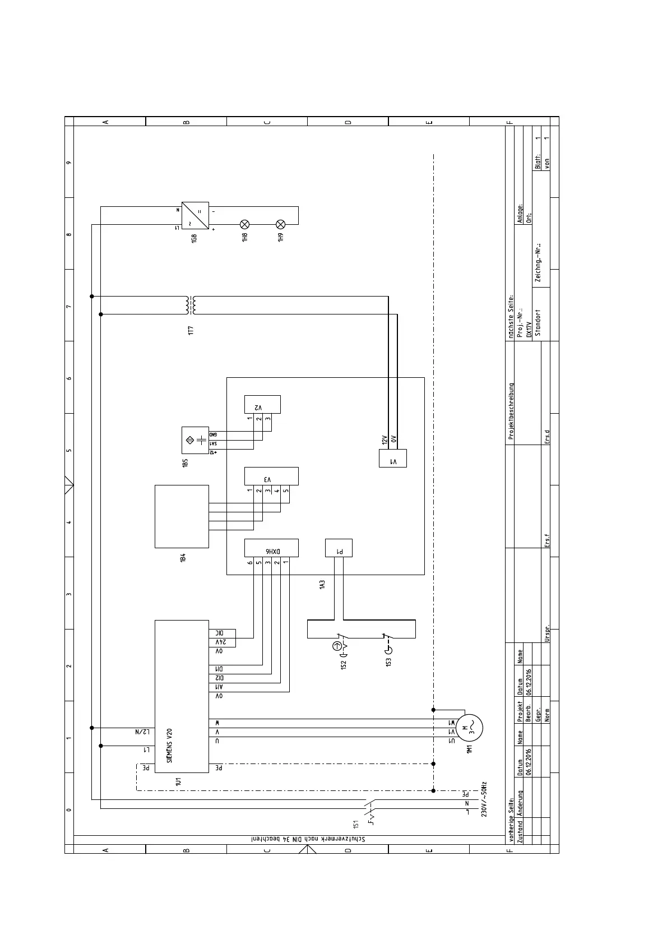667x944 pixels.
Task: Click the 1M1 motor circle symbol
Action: pos(469,728)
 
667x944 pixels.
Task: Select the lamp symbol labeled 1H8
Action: pos(244,224)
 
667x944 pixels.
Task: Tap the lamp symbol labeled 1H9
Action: pos(281,224)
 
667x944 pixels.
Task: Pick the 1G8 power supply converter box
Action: pos(195,216)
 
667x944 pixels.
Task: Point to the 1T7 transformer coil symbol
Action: pos(191,306)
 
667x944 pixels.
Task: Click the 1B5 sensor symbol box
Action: pos(195,440)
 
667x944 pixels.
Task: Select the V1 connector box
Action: pos(393,458)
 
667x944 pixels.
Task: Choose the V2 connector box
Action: pos(262,404)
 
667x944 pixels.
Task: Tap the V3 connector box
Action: pos(271,476)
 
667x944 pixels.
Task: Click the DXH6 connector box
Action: pos(271,548)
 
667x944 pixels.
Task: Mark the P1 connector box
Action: pos(339,548)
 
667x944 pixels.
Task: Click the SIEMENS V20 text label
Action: pos(169,746)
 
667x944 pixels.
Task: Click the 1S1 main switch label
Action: pos(355,824)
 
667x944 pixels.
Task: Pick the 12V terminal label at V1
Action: pos(385,440)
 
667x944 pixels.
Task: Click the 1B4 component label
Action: pos(183,558)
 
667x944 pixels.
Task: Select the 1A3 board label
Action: pos(322,585)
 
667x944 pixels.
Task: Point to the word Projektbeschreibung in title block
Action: pos(511,411)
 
